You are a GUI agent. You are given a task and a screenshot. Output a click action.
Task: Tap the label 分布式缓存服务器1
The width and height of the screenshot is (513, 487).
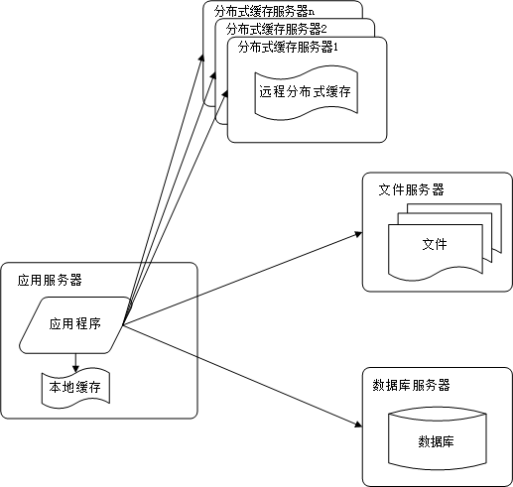point(289,47)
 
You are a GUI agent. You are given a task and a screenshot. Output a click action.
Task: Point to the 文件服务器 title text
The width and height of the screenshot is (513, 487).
point(411,188)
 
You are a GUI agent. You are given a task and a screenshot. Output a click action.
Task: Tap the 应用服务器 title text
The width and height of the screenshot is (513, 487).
point(50,280)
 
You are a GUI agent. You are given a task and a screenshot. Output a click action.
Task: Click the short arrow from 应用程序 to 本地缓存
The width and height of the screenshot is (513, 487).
point(75,360)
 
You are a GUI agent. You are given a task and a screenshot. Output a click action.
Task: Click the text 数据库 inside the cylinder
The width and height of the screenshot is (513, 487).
point(437,441)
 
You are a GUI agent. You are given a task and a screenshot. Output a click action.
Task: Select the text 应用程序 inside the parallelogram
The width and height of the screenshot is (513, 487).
point(76,323)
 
